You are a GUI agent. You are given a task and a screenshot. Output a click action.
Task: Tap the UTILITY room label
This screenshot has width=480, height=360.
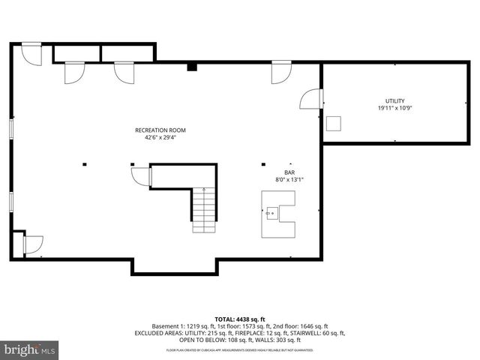[x=394, y=101]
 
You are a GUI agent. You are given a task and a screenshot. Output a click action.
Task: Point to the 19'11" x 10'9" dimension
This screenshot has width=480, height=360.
[x=394, y=109]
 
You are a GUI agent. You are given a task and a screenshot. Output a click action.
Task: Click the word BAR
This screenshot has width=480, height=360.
[x=289, y=172]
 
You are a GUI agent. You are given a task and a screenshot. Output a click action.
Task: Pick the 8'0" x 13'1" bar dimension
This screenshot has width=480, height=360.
[x=289, y=179]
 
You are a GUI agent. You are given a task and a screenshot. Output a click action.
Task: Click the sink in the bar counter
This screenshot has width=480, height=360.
[x=271, y=214]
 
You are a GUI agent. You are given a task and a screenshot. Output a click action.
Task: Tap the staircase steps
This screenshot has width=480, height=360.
[x=203, y=209]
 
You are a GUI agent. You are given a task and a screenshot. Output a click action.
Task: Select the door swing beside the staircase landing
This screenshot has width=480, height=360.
[x=140, y=176]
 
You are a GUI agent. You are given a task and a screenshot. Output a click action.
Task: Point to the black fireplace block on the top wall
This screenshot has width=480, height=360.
[x=192, y=67]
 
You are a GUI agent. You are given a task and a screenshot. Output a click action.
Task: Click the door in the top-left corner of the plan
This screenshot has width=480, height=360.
[x=31, y=53]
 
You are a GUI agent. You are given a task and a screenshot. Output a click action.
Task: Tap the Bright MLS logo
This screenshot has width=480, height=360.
[x=30, y=349]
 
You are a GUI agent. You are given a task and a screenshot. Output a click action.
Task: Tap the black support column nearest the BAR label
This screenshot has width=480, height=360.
[x=262, y=163]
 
